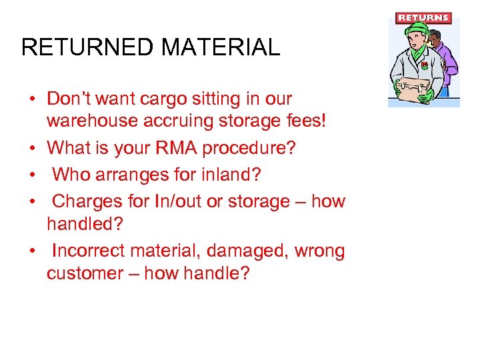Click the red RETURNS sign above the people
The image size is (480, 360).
pos(423,18)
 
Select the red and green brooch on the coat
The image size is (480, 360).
pos(424,65)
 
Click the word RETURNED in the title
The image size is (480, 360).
pos(87,48)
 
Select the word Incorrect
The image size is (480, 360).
pos(89,251)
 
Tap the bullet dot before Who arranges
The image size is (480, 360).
pos(31,175)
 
